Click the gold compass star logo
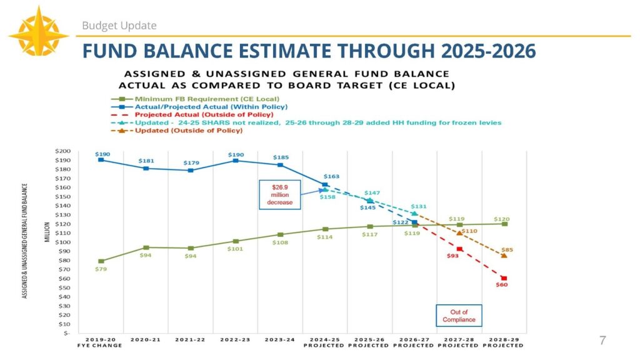click(x=39, y=31)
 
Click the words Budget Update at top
click(x=119, y=26)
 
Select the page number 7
click(x=602, y=341)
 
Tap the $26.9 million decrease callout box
click(x=280, y=195)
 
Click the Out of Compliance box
click(x=459, y=316)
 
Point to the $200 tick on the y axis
click(x=63, y=151)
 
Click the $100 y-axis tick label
click(x=63, y=242)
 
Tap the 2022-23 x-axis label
click(x=235, y=340)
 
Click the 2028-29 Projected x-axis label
click(x=504, y=342)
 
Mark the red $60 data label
click(x=502, y=285)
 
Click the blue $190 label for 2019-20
click(x=101, y=153)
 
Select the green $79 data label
click(x=100, y=269)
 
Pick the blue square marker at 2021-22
click(x=191, y=170)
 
